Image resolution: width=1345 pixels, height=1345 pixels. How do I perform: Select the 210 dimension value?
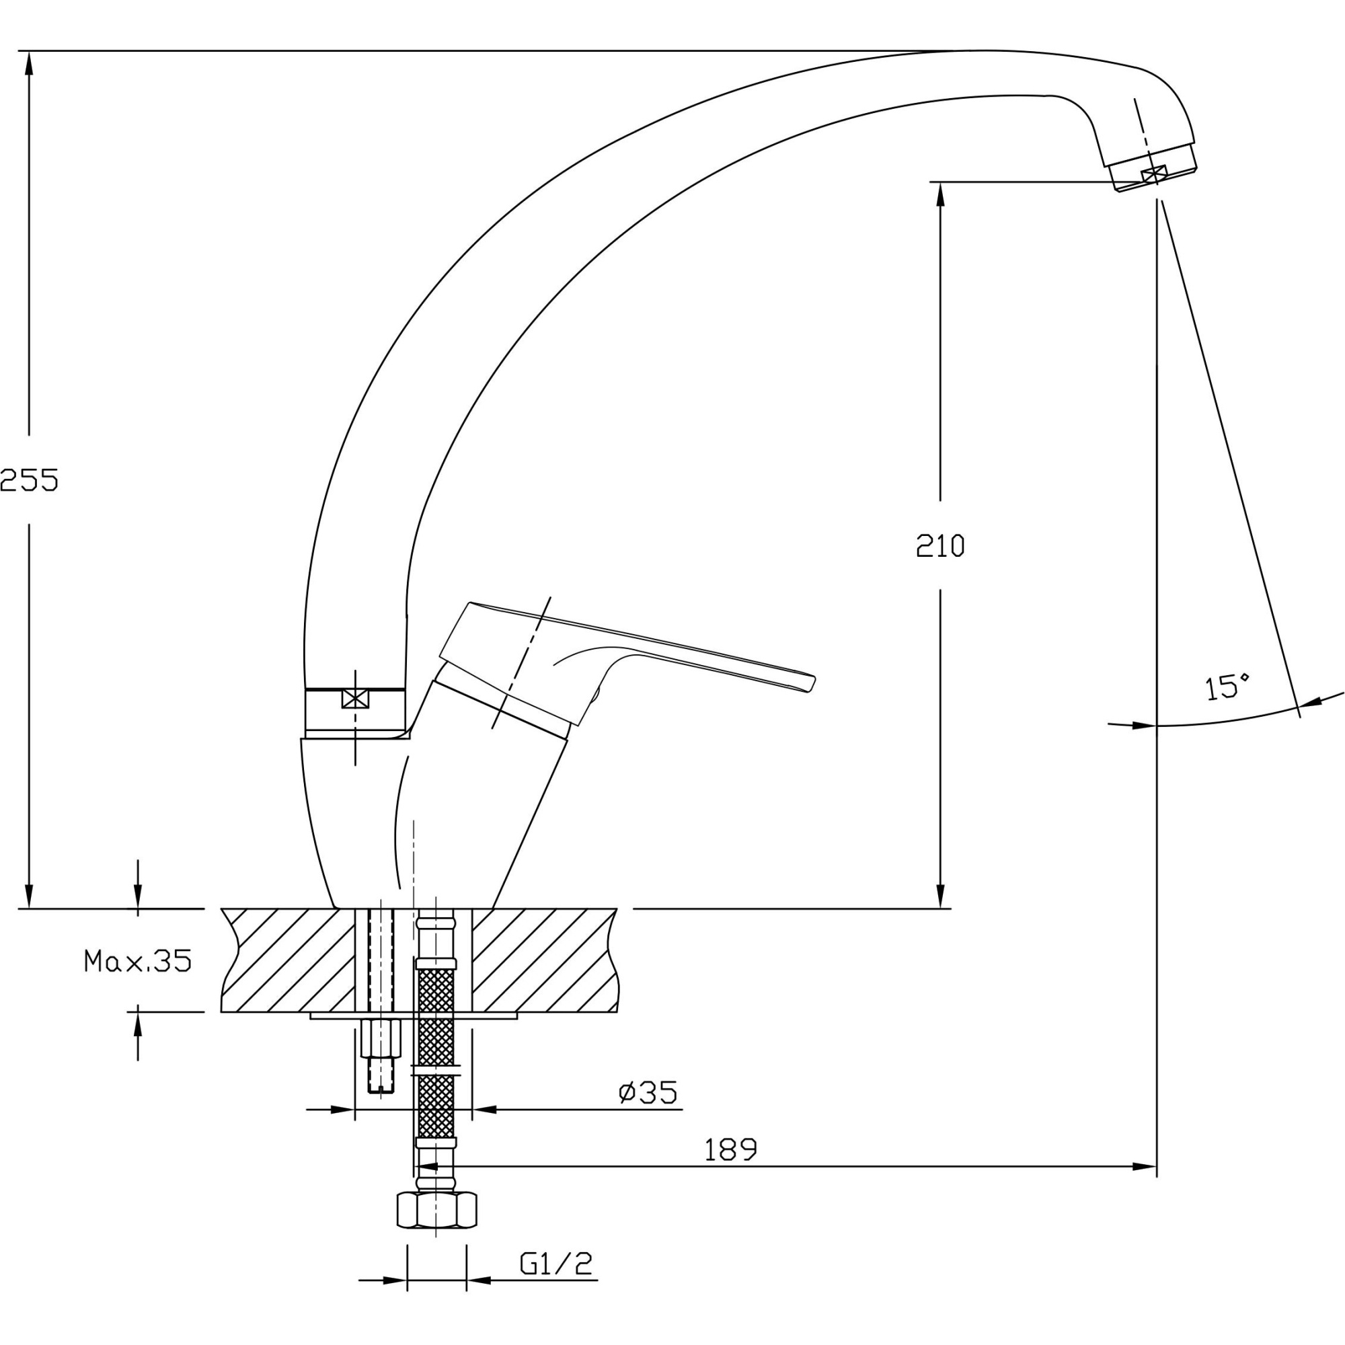(x=940, y=546)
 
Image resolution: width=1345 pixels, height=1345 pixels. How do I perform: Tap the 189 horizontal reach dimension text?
(x=730, y=1149)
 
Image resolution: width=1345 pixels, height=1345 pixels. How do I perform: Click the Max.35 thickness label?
(x=137, y=961)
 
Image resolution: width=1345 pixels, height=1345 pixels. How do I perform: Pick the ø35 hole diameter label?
(x=648, y=1092)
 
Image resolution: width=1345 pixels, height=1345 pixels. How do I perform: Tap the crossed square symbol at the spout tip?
(x=1153, y=175)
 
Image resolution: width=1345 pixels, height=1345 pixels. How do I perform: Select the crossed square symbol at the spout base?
(x=354, y=698)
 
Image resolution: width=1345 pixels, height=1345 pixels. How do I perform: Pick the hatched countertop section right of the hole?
(x=543, y=960)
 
